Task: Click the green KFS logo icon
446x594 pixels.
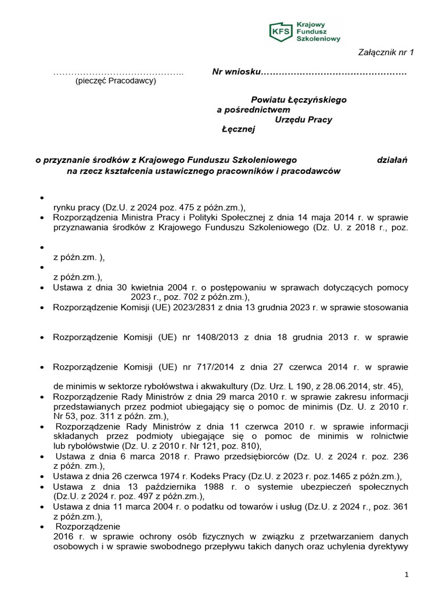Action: point(280,31)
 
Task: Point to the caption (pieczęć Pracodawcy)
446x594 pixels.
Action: point(116,81)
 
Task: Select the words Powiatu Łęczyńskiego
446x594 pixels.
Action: point(298,100)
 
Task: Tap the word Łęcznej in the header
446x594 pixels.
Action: point(238,129)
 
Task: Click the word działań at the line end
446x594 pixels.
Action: point(392,160)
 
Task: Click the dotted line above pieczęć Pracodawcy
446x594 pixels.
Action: point(118,73)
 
